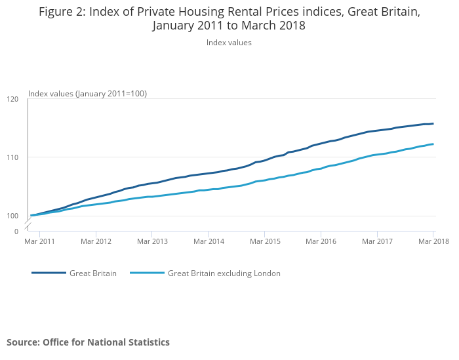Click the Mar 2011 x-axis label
pos(39,241)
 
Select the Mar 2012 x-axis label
pos(96,241)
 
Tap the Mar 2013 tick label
pos(151,241)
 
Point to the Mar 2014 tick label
pos(208,241)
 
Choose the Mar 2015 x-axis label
pos(264,241)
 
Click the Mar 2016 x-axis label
pos(320,241)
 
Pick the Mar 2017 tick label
pos(376,241)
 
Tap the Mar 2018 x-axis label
pos(433,241)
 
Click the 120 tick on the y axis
pos(12,99)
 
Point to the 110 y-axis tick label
pos(12,157)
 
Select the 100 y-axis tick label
pos(12,216)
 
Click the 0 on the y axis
pos(16,231)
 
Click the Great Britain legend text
pos(93,273)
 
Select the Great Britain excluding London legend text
pos(224,273)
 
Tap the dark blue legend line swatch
pos(49,273)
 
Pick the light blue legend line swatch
pos(147,273)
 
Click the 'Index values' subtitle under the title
pos(229,43)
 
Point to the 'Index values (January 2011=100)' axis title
pos(87,94)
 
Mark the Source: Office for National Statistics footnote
pos(88,342)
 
